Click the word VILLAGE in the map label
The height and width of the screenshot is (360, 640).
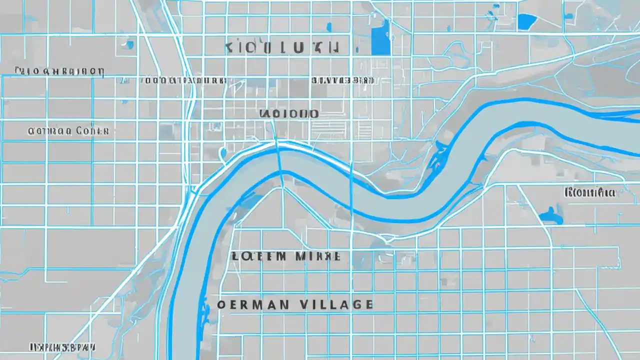tap(338, 304)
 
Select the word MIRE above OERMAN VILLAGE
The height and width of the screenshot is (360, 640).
tap(318, 256)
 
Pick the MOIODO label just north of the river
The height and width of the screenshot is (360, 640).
tap(289, 113)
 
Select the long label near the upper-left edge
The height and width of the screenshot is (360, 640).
tap(59, 71)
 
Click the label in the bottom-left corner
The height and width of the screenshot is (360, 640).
tap(63, 346)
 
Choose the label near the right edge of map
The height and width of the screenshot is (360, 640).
tap(589, 192)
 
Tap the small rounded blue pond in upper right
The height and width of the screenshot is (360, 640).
tap(526, 21)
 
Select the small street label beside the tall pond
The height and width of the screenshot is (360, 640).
tap(342, 80)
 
